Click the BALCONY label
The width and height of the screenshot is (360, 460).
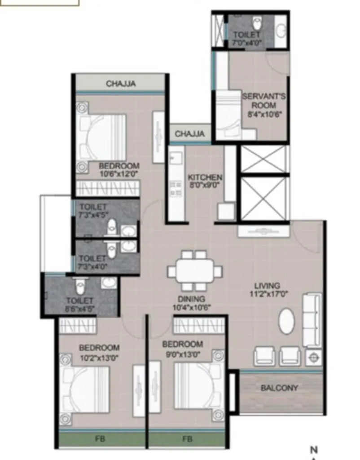click(x=279, y=388)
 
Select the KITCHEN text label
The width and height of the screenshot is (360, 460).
click(x=205, y=177)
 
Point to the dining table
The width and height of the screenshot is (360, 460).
click(x=194, y=271)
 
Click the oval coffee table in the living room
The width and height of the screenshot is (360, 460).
click(x=287, y=321)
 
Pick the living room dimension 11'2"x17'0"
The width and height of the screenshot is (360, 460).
click(x=267, y=294)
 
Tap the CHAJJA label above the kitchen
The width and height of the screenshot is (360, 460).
click(x=189, y=134)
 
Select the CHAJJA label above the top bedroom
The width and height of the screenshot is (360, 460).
click(x=120, y=84)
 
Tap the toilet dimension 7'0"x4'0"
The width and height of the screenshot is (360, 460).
click(x=246, y=43)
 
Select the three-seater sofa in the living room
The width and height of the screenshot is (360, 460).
click(x=312, y=319)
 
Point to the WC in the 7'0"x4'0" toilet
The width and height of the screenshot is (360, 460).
click(x=257, y=22)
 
